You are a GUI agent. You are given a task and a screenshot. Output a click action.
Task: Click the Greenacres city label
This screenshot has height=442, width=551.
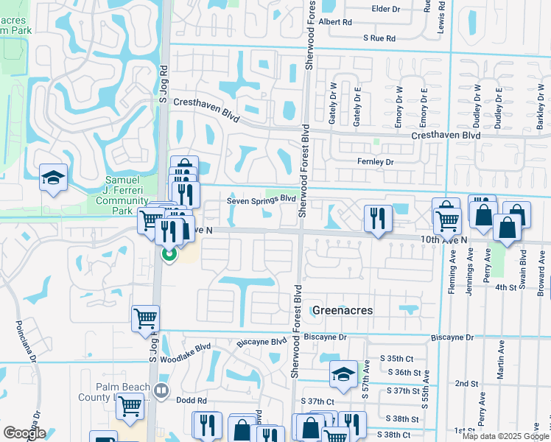pos(342,310)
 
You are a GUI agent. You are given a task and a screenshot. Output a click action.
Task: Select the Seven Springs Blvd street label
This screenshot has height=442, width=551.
pos(262,199)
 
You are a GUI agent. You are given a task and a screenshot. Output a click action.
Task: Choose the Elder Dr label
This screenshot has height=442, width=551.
pos(385,9)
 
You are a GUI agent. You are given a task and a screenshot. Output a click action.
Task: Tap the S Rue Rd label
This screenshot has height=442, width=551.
pos(379,38)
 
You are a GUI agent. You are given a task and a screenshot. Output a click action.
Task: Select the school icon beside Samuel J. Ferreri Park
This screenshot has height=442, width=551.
pos(54,177)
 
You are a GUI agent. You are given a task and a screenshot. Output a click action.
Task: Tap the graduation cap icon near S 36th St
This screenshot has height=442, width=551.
pos(343,375)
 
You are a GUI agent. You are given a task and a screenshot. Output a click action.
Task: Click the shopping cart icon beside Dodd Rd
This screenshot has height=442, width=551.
pos(130,404)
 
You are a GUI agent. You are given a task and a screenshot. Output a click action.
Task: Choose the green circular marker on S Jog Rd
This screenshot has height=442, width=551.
pos(169,256)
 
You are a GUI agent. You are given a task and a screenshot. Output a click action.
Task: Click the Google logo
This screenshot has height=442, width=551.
pos(25,433)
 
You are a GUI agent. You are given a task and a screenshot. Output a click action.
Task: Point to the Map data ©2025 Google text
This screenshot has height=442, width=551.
pos(505,436)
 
